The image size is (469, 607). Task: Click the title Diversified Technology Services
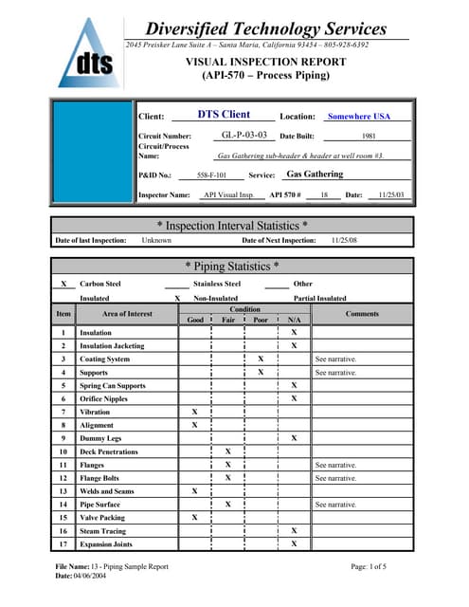click(x=266, y=28)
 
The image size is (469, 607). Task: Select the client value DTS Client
click(x=224, y=115)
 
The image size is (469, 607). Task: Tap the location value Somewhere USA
click(x=358, y=116)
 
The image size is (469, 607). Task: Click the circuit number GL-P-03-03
click(x=244, y=136)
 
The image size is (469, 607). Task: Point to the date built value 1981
click(x=370, y=137)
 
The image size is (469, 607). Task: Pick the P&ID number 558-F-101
click(x=211, y=175)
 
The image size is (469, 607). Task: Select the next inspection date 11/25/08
click(x=344, y=241)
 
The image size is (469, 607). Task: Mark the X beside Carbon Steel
click(x=63, y=284)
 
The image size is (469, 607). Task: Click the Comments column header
click(x=362, y=313)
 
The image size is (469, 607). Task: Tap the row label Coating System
click(x=104, y=359)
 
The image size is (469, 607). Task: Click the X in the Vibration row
click(x=195, y=413)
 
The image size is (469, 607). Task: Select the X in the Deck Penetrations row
click(x=227, y=452)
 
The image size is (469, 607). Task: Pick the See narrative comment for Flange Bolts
click(x=335, y=479)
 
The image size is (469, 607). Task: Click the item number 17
click(x=63, y=544)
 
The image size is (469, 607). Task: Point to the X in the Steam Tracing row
click(x=294, y=531)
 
